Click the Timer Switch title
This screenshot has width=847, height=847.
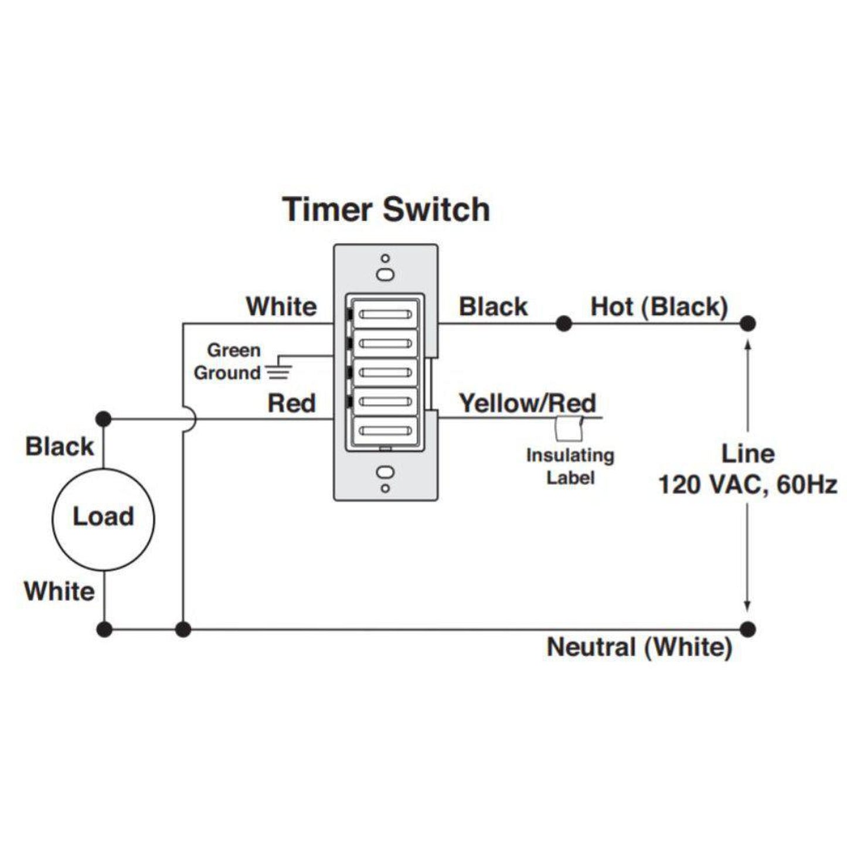point(386,209)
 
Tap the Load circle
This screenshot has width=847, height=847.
point(103,518)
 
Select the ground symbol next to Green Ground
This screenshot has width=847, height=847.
point(278,371)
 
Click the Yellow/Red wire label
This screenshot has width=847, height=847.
point(527,403)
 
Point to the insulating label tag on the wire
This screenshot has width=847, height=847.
point(567,428)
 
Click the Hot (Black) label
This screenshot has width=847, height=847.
point(659,307)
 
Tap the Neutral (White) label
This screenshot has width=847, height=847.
point(639,647)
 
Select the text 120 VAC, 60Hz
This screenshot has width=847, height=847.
point(747,485)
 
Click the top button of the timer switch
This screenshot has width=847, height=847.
point(385,315)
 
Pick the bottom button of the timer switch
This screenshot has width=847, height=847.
point(385,431)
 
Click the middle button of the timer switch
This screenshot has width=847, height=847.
point(385,373)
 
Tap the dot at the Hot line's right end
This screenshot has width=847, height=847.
point(747,323)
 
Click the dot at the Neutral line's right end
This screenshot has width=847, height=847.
point(747,630)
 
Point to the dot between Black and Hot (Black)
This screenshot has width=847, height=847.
point(563,323)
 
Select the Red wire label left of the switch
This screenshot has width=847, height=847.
point(291,403)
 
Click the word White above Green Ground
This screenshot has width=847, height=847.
point(281,307)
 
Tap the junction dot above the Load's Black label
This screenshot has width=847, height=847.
point(103,419)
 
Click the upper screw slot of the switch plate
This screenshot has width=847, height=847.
point(385,274)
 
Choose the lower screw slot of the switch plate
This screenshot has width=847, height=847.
point(385,472)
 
